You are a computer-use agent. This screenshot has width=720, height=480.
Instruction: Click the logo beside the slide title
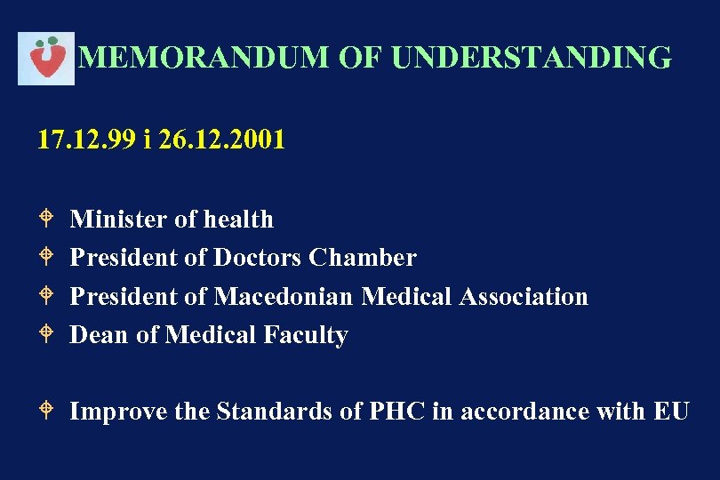coord(46,58)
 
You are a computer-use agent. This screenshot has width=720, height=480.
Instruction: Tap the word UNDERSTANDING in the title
coord(531,58)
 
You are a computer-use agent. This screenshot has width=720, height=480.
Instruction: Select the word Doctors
coord(258,258)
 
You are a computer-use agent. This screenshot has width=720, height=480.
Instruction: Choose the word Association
coord(524,296)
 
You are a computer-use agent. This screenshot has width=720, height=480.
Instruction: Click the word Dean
coord(100,335)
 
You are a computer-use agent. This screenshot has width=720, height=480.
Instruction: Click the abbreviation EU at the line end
coord(670,412)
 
